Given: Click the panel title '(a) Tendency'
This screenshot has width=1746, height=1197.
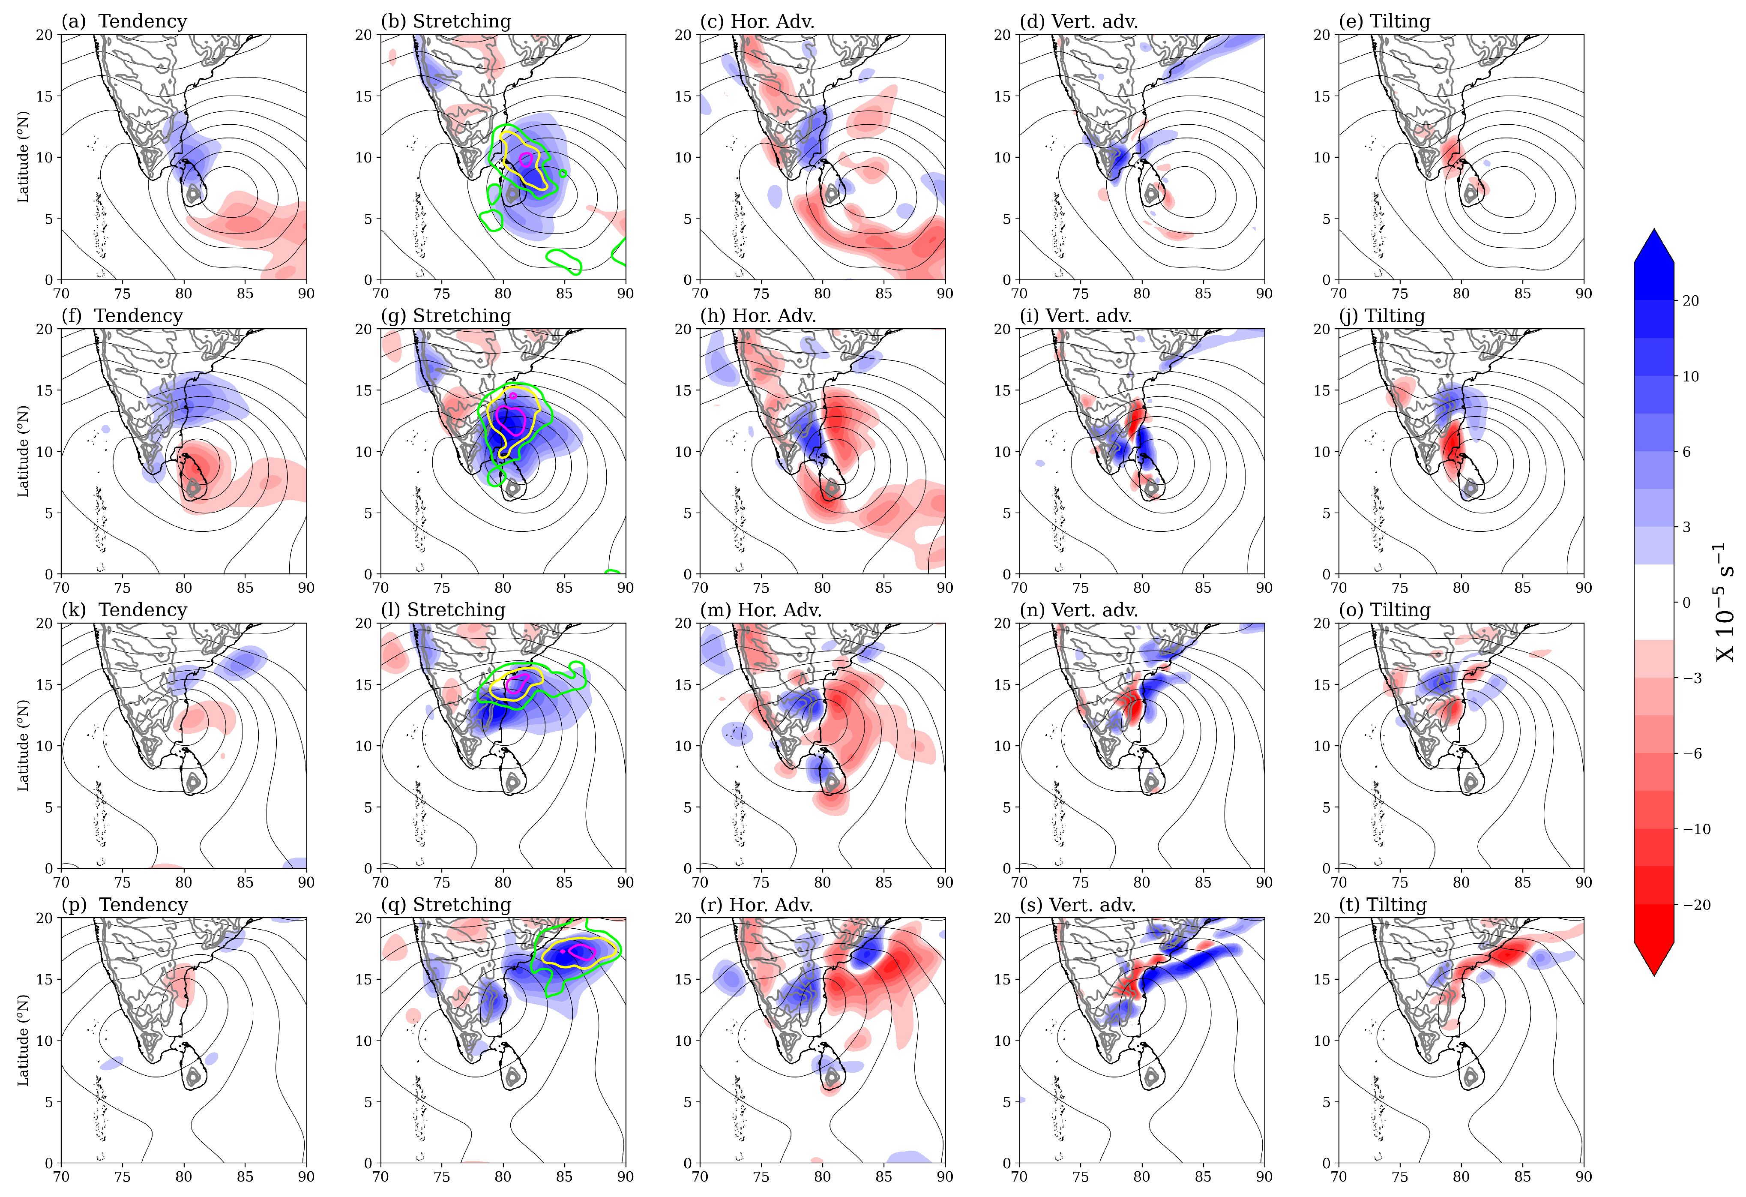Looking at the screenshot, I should [x=124, y=21].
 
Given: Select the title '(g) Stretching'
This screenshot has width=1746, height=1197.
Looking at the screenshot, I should [x=446, y=315].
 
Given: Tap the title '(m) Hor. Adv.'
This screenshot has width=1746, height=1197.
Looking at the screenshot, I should [x=760, y=610].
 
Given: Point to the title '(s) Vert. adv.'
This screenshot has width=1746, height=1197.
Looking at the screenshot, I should [x=1077, y=905].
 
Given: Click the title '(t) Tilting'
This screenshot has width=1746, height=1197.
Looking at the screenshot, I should [x=1382, y=905].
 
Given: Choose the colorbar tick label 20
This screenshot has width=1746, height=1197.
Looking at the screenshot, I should [x=1690, y=300].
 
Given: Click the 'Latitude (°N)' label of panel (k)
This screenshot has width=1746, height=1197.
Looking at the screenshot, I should [x=23, y=745].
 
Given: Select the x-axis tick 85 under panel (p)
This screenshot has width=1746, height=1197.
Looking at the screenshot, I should [x=245, y=1177].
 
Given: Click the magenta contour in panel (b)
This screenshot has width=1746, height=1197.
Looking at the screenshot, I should [x=526, y=159].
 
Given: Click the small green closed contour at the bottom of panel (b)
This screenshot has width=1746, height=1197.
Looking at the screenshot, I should [x=563, y=260].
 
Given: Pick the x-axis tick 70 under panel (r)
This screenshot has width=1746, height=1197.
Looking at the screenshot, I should [x=700, y=1177].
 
